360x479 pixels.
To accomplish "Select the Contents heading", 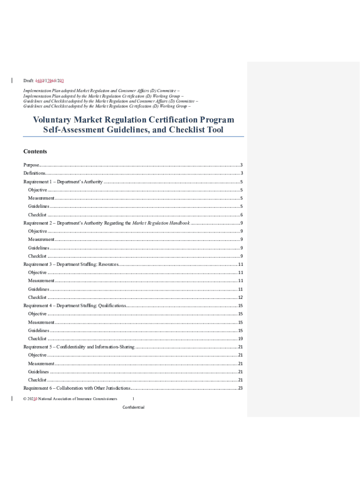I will [x=35, y=152].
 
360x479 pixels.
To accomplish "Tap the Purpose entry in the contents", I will [x=31, y=165].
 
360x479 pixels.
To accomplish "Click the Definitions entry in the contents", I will [x=34, y=174].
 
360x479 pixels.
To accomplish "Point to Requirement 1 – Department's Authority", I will [x=63, y=181].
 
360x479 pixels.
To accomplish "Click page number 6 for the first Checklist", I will [x=241, y=215].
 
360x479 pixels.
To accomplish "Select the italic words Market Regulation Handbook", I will [x=161, y=223].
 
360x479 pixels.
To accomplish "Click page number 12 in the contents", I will [x=240, y=298].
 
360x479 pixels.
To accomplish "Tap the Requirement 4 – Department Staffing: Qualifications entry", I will [x=75, y=306].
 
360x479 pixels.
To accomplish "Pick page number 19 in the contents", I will [x=240, y=339].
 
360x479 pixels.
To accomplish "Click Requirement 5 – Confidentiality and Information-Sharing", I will [x=79, y=347].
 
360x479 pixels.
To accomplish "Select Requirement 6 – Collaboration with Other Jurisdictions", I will [x=77, y=388].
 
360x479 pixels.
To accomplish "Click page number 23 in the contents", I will [x=240, y=388].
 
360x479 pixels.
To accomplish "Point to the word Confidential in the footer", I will [x=133, y=407].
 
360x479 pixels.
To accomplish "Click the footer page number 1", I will [x=133, y=399].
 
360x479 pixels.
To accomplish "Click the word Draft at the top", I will [x=29, y=81].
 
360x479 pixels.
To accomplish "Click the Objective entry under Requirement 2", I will [x=37, y=231].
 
